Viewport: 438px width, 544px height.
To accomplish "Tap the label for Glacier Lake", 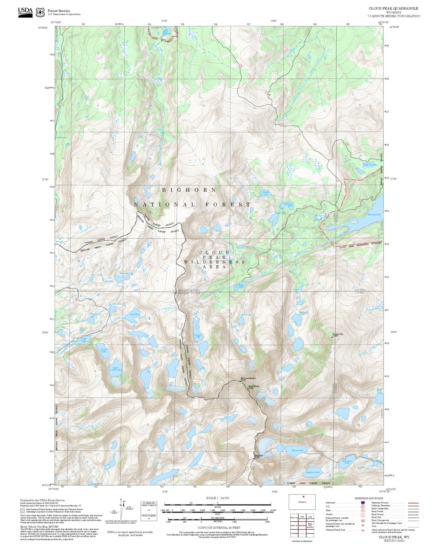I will point(297,450).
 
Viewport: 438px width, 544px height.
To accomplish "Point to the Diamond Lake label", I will point(347,462).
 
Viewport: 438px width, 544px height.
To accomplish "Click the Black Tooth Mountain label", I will point(248,378).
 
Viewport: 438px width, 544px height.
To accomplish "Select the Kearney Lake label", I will point(374,214).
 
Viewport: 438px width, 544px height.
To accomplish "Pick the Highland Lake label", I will point(288,205).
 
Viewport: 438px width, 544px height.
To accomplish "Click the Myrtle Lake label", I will point(266,193).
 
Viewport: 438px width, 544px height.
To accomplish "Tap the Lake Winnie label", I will point(369,165).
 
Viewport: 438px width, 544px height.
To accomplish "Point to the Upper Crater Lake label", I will point(115,369).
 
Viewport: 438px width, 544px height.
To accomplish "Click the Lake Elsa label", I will point(135,314).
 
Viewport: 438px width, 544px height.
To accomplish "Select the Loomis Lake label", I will point(198,336).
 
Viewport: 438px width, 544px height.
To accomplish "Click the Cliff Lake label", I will point(84,340).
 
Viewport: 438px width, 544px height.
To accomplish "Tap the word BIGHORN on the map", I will point(189,190).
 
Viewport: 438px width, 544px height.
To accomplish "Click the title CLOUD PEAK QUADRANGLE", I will point(393,8).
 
